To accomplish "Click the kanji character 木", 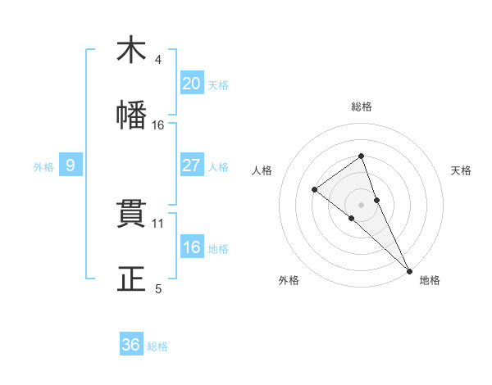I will pos(131,50).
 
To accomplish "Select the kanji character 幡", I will pos(131,115).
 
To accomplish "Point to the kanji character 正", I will pos(131,279).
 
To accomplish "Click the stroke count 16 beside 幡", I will pos(158,125).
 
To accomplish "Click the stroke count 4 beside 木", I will pos(158,60).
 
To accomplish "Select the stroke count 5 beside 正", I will pos(158,288).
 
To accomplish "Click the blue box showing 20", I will pos(191,84).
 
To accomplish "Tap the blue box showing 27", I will pos(191,165).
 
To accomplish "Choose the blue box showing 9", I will pos(71,165).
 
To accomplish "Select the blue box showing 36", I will pos(131,345).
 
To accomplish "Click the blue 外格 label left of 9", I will pos(43,166).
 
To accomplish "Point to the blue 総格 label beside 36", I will pos(157,346).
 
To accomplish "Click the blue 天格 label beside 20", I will pos(218,84).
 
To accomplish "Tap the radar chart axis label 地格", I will pos(430,280).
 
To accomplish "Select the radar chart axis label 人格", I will pos(262,170).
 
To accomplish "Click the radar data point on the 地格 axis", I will pos(409,271).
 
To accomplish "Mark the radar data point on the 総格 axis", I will pos(361,156).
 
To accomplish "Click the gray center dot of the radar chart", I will pos(361,204).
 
